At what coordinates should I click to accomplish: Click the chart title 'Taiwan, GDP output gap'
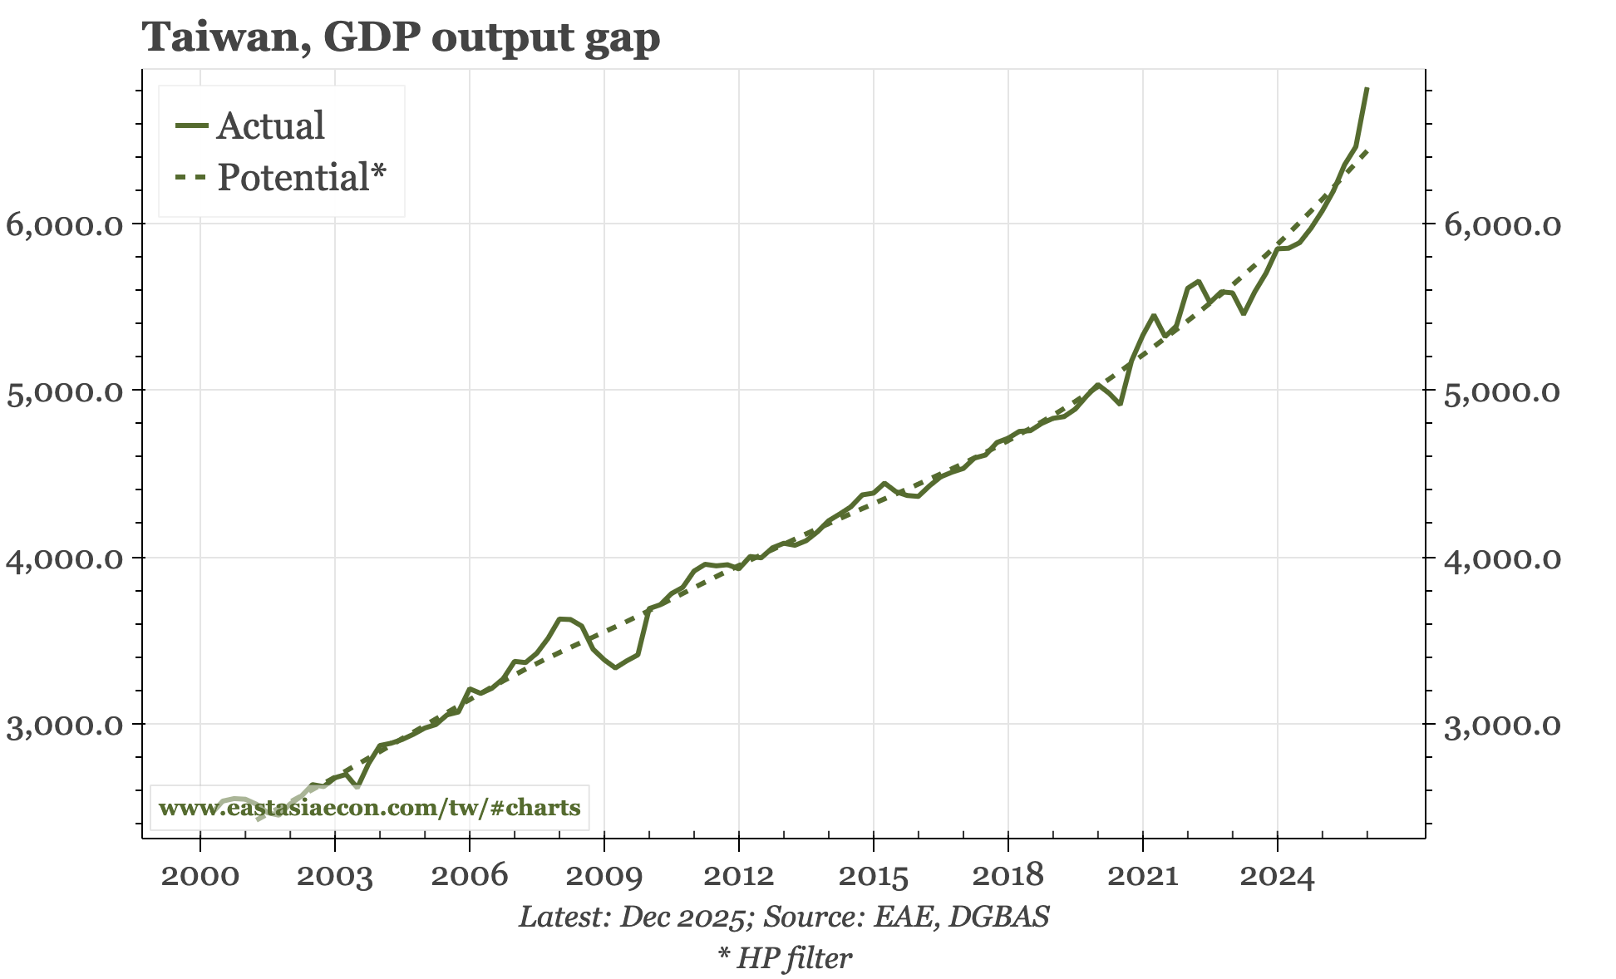coord(402,37)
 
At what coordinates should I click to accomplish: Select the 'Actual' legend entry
coord(270,126)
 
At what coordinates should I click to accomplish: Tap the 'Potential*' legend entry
coord(301,178)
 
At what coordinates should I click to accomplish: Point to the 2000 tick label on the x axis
coord(200,876)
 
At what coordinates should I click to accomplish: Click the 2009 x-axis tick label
coord(604,876)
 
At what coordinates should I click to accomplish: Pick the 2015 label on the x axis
coord(873,876)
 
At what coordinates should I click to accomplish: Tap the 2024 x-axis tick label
coord(1277,876)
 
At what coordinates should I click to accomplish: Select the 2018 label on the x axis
coord(1008,876)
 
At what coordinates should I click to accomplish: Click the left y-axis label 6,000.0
coord(65,225)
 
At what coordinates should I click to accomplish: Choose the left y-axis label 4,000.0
coord(65,558)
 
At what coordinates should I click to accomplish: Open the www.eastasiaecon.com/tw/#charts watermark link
coord(369,808)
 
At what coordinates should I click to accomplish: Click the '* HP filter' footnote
coord(785,958)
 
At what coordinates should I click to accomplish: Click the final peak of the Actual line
coord(1367,89)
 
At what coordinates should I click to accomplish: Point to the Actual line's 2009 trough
coord(615,667)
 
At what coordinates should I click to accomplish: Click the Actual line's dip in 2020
coord(1121,404)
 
